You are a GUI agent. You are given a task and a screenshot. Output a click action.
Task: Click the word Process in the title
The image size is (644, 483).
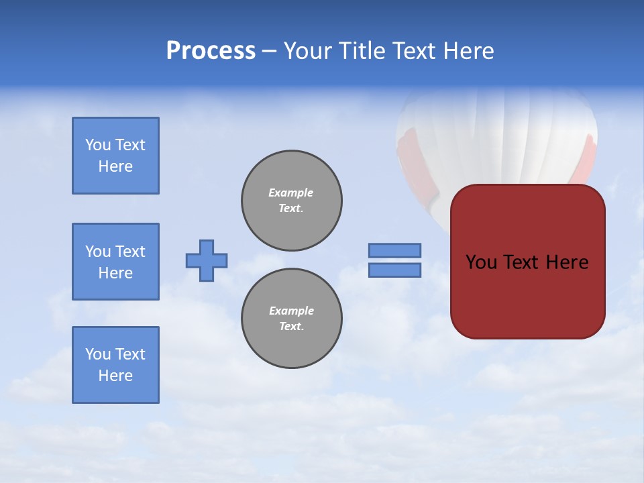[x=211, y=51]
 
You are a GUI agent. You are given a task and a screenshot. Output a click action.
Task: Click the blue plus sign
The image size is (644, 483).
[x=207, y=260]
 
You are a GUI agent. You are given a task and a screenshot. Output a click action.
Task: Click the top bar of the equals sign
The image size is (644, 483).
[x=394, y=250]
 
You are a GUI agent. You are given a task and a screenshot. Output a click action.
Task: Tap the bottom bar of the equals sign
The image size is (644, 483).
[x=394, y=270]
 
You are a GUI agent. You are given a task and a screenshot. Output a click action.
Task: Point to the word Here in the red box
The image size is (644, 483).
[x=567, y=262]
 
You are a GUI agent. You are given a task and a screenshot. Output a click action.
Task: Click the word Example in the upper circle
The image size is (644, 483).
[x=290, y=193]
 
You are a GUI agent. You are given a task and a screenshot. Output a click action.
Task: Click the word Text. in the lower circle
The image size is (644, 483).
[x=291, y=326]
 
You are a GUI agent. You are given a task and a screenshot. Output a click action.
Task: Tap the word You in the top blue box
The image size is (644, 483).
[x=97, y=145]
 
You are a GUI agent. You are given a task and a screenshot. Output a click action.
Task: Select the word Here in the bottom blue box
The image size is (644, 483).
[x=115, y=376]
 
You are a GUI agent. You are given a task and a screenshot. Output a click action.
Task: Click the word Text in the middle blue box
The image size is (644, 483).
[x=130, y=252]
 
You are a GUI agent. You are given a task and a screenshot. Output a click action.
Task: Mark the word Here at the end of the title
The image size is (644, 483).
[x=468, y=51]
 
